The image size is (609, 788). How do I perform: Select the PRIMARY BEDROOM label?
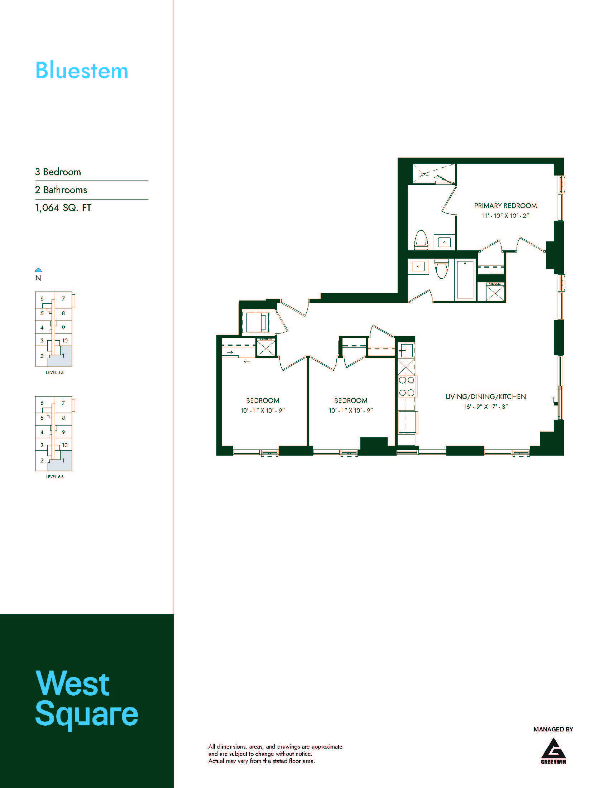point(505,206)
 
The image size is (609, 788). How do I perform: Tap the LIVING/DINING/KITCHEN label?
point(486,397)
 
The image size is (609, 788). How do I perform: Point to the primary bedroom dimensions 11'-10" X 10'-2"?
point(505,216)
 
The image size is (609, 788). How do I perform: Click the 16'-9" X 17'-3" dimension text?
point(486,407)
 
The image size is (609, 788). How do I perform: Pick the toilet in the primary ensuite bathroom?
point(421,240)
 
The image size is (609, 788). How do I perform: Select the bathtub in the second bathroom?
point(465,280)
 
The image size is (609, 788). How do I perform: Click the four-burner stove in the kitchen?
point(407,386)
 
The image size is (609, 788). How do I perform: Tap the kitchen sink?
point(406,350)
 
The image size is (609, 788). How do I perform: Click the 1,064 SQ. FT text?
point(63,208)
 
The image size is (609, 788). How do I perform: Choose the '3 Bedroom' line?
point(58,172)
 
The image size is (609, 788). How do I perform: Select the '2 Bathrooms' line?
point(61,190)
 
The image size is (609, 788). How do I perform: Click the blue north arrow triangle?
point(39,270)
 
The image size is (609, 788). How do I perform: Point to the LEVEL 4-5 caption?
point(55,373)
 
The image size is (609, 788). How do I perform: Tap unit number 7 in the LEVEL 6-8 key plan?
point(63,403)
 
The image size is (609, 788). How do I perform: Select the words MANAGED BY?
point(553,729)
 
